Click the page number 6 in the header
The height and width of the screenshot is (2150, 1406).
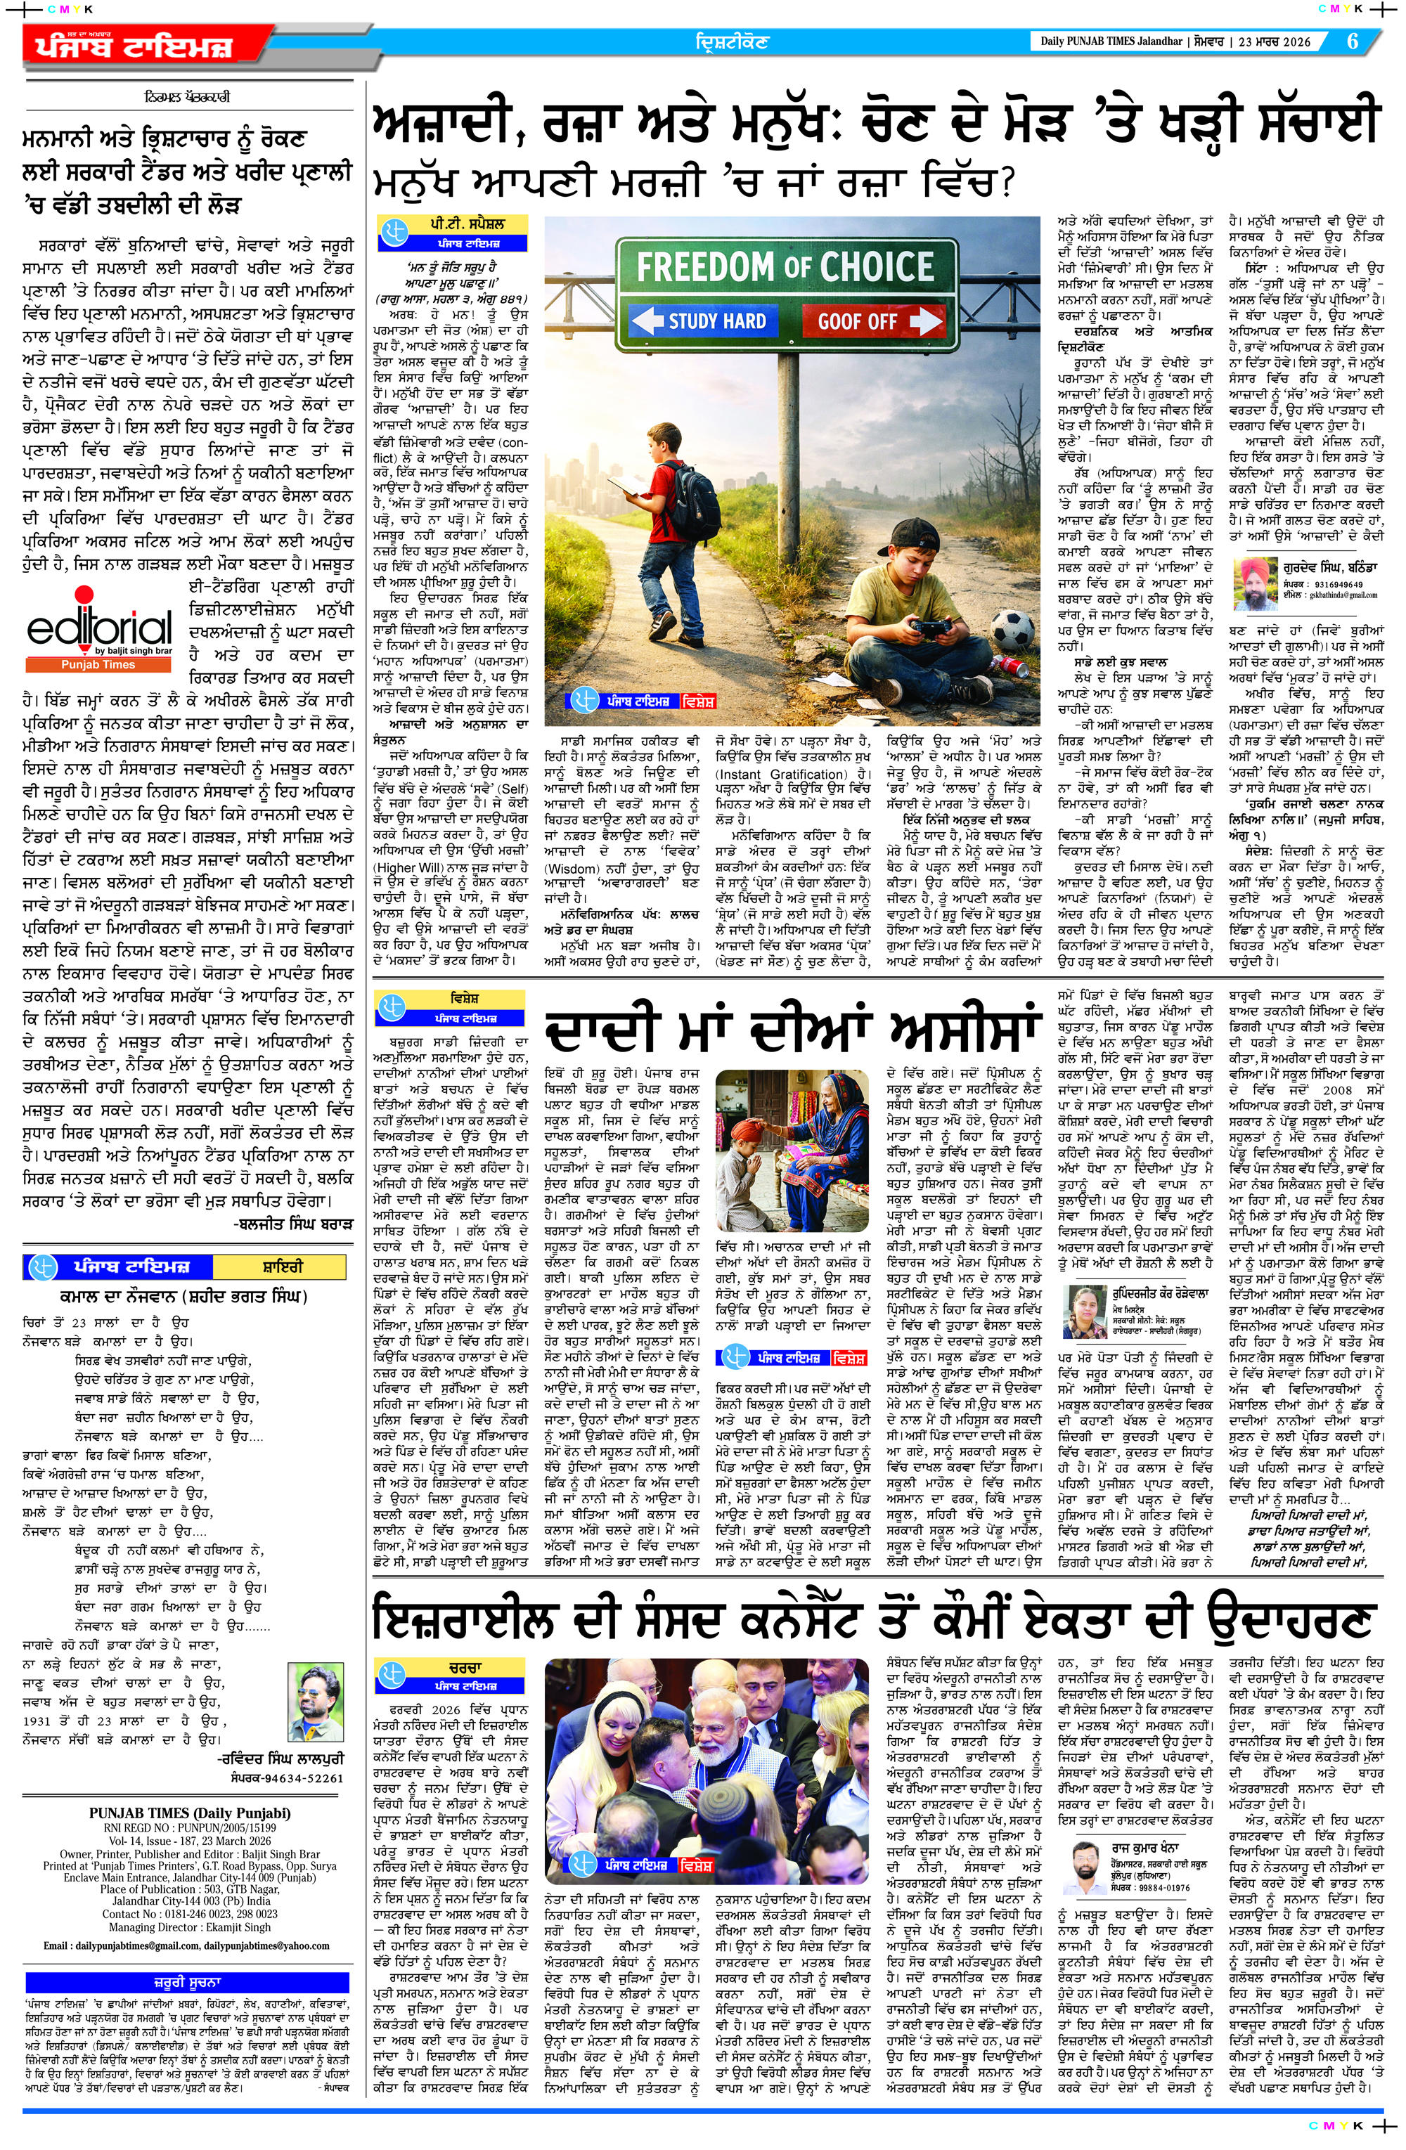point(1353,41)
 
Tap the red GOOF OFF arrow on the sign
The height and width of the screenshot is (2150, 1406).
point(871,320)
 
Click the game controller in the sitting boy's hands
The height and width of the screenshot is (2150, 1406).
point(930,626)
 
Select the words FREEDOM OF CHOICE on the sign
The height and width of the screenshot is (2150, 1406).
point(785,267)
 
